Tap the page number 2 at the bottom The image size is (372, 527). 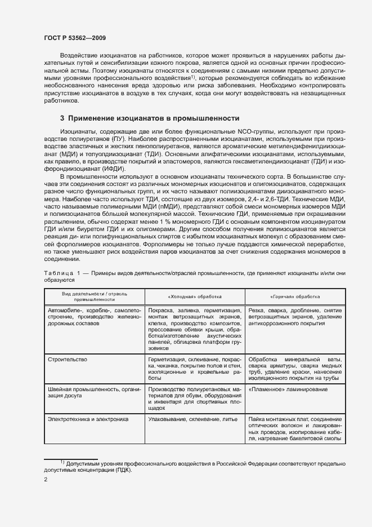[x=46, y=479]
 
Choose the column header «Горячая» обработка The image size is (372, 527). [x=295, y=296]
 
